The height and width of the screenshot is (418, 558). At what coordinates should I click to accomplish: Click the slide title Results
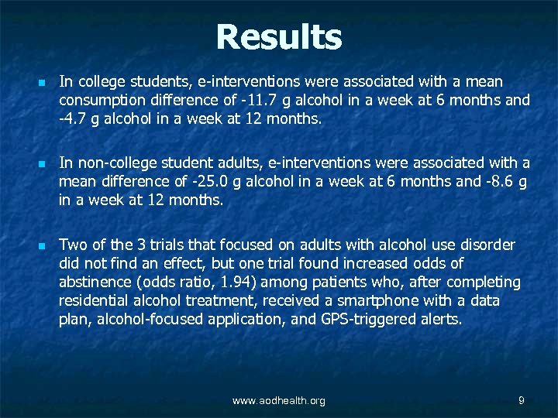click(278, 36)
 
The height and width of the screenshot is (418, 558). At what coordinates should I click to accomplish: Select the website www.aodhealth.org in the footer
click(278, 400)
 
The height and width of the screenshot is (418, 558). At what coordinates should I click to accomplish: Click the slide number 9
click(522, 400)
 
